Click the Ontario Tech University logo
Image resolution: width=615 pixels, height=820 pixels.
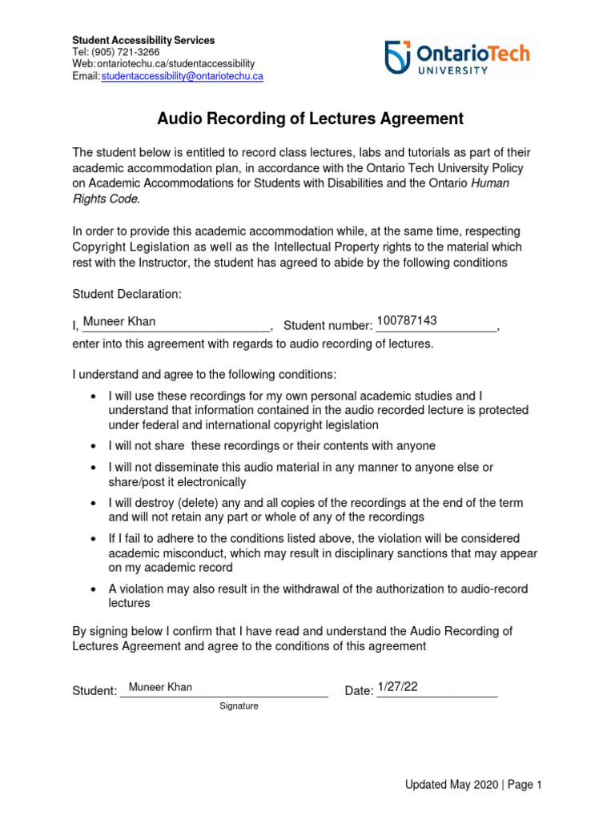point(457,58)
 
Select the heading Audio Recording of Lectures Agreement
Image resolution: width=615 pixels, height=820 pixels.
point(310,119)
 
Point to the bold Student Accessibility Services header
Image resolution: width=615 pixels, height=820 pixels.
point(143,40)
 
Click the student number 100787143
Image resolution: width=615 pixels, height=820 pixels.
point(407,320)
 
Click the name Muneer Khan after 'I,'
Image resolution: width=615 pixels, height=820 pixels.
point(119,322)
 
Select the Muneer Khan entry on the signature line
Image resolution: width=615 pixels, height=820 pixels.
point(160,687)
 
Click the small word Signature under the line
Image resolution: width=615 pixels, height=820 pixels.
point(239,706)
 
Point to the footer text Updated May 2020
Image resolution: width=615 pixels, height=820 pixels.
point(451,785)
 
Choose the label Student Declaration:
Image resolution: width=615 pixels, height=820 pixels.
point(127,295)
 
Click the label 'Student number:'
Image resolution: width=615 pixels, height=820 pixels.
point(328,325)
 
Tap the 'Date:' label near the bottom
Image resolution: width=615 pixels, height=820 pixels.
point(359,691)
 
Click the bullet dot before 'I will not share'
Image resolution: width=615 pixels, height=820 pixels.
point(94,446)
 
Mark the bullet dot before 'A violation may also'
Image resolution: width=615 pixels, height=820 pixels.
point(94,589)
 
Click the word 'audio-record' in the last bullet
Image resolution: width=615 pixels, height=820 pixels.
point(494,589)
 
